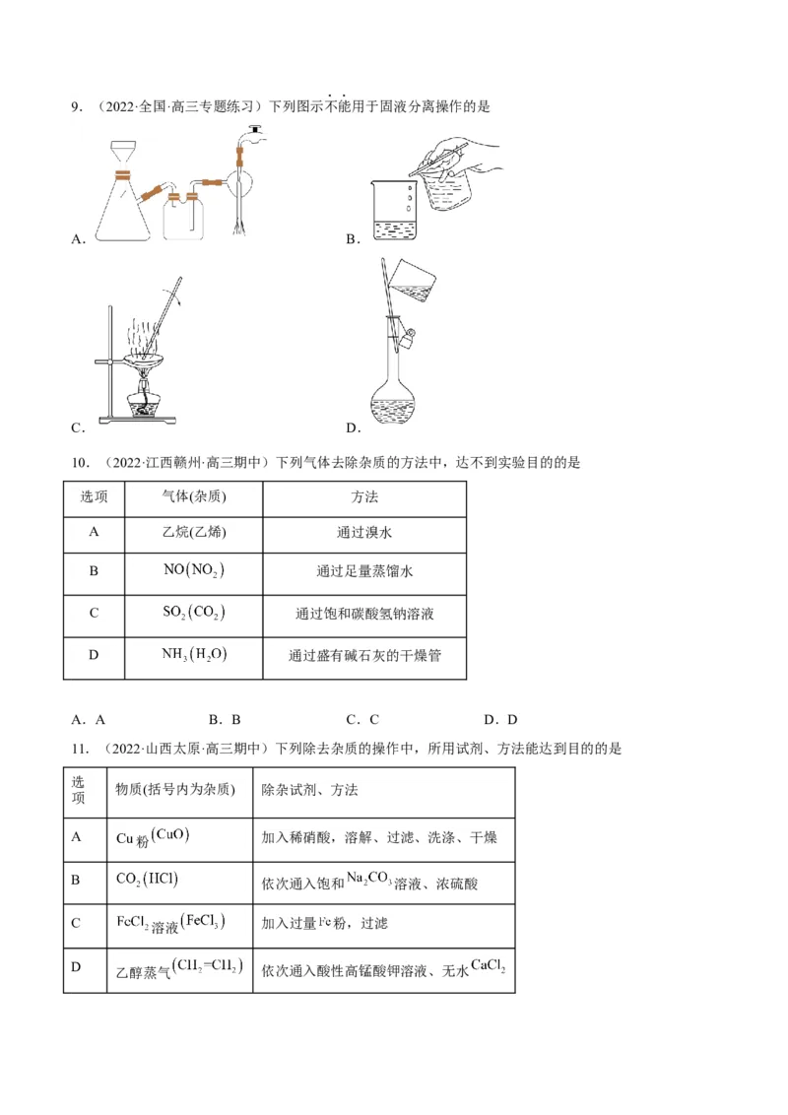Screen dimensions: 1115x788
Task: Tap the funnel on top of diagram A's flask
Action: click(122, 153)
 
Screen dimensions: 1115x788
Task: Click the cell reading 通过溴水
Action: click(365, 533)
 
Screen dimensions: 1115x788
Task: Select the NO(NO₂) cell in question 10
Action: click(193, 571)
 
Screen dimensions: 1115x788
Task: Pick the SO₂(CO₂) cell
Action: click(193, 613)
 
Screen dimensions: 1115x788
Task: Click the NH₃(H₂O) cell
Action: click(193, 654)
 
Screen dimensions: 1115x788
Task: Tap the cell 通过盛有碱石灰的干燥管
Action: click(365, 655)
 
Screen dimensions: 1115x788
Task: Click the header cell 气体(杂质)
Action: click(193, 497)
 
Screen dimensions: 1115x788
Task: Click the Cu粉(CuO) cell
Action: click(153, 837)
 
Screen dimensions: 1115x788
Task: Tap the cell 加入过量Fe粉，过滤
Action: click(325, 923)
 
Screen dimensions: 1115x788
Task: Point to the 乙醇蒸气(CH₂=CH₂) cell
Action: click(178, 967)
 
